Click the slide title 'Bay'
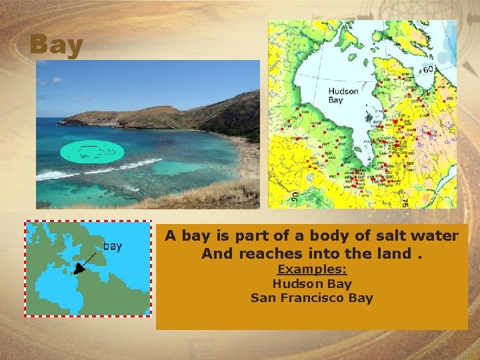coord(56,45)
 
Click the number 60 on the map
coord(427,69)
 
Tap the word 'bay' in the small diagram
coord(112,247)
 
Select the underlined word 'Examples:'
coord(312,269)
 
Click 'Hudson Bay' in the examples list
coord(312,283)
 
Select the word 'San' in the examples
coord(262,298)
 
